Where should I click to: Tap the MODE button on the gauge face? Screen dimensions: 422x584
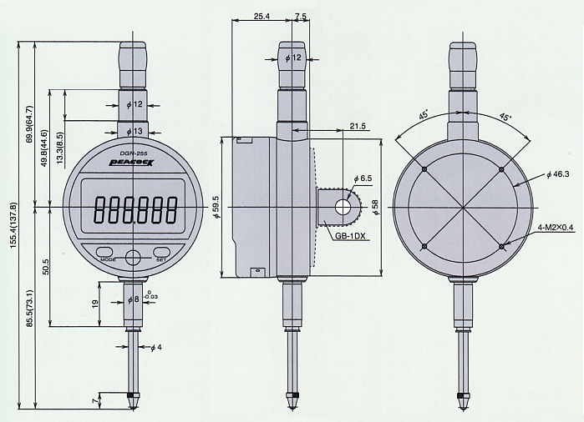pyautogui.click(x=105, y=252)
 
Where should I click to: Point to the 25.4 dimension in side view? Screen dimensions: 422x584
pyautogui.click(x=261, y=16)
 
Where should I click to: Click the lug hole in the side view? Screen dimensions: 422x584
pyautogui.click(x=343, y=206)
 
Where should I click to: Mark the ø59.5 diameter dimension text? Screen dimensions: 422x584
pyautogui.click(x=216, y=205)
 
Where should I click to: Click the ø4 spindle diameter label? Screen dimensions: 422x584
pyautogui.click(x=155, y=347)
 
